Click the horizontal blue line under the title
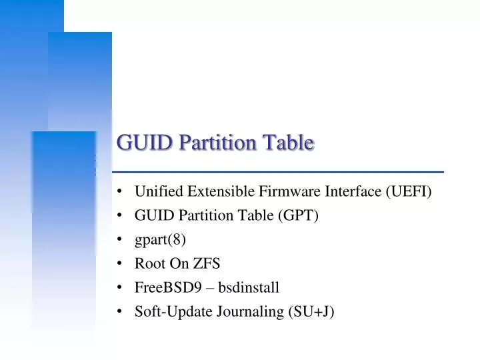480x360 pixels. (x=280, y=172)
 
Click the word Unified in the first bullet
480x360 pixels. (x=157, y=192)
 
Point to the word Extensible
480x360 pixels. (x=218, y=192)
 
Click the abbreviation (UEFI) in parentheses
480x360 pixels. (x=409, y=192)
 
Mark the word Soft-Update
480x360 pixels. (x=174, y=312)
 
